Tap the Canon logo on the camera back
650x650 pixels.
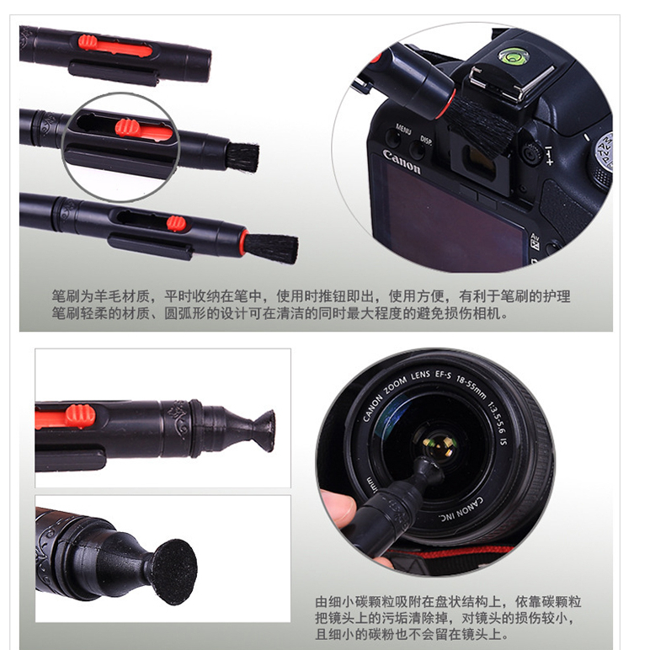pyautogui.click(x=402, y=162)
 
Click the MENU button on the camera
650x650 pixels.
pyautogui.click(x=403, y=129)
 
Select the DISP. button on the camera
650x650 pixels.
pyautogui.click(x=426, y=140)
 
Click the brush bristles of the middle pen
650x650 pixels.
pyautogui.click(x=243, y=157)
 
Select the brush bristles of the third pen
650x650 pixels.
pyautogui.click(x=272, y=248)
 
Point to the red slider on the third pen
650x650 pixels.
pyautogui.click(x=176, y=223)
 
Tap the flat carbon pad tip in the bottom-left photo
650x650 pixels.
pyautogui.click(x=175, y=572)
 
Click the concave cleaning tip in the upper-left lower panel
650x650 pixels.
pyautogui.click(x=260, y=431)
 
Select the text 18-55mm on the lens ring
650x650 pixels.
pyautogui.click(x=471, y=387)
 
